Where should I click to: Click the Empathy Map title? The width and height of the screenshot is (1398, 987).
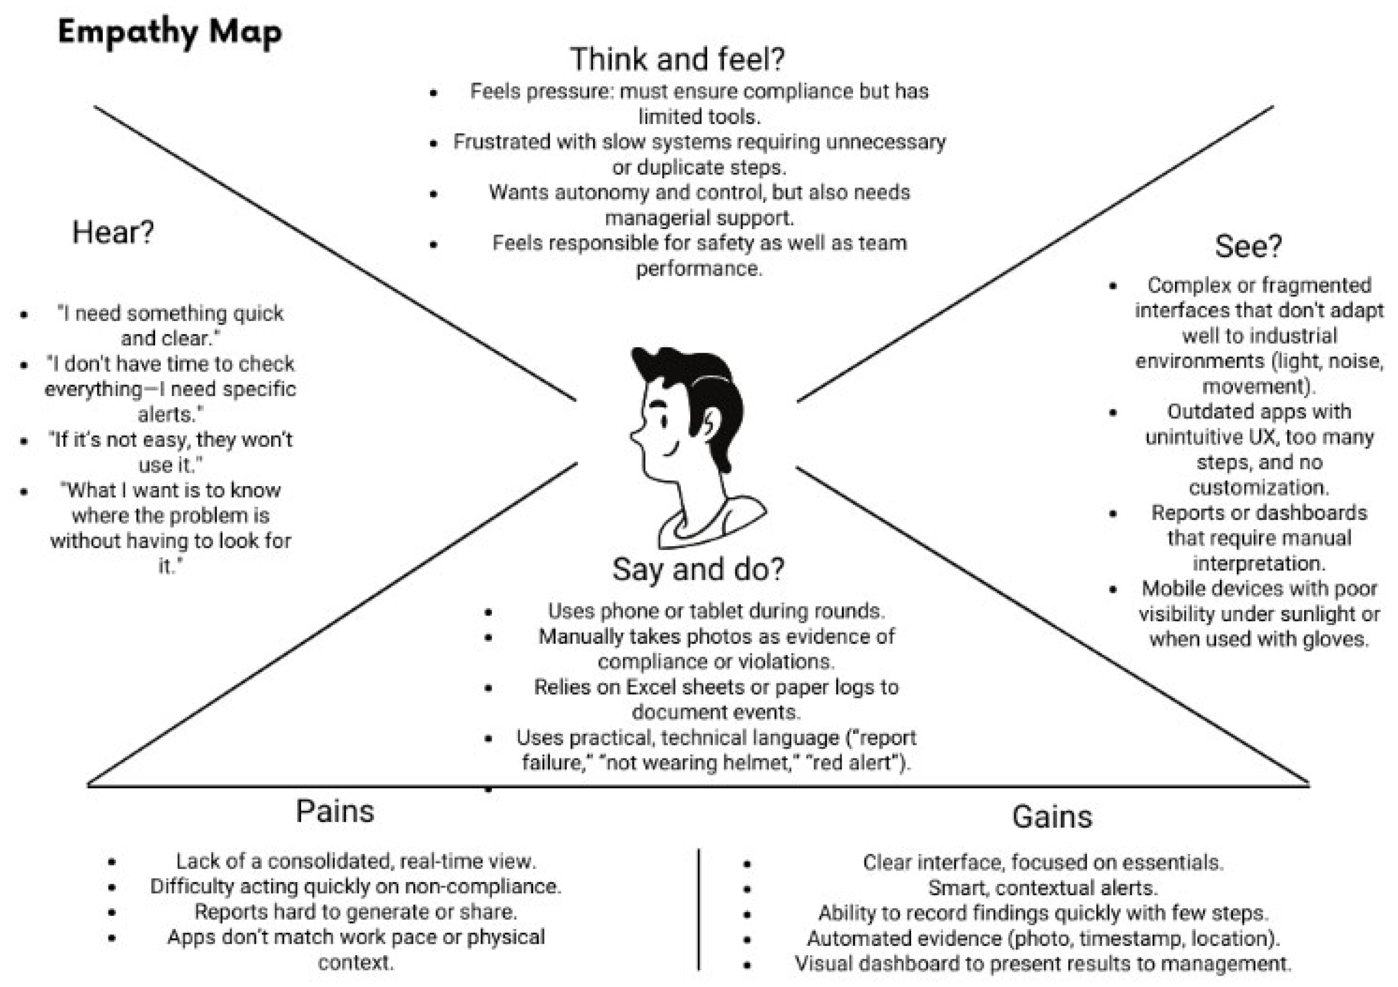click(170, 32)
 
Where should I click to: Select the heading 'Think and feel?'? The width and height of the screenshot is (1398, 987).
click(677, 59)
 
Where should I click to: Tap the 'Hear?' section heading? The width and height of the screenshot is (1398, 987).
click(113, 232)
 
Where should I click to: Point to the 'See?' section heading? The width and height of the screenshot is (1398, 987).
click(1248, 246)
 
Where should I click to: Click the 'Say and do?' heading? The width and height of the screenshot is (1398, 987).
click(698, 569)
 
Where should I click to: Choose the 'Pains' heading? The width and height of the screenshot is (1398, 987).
click(335, 811)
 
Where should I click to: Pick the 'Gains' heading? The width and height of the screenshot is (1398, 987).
click(1052, 816)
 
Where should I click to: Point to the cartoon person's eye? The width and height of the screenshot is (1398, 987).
click(664, 421)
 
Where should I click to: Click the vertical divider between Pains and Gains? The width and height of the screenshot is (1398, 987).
click(699, 908)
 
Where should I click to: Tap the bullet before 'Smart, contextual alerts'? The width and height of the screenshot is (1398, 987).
click(747, 889)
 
